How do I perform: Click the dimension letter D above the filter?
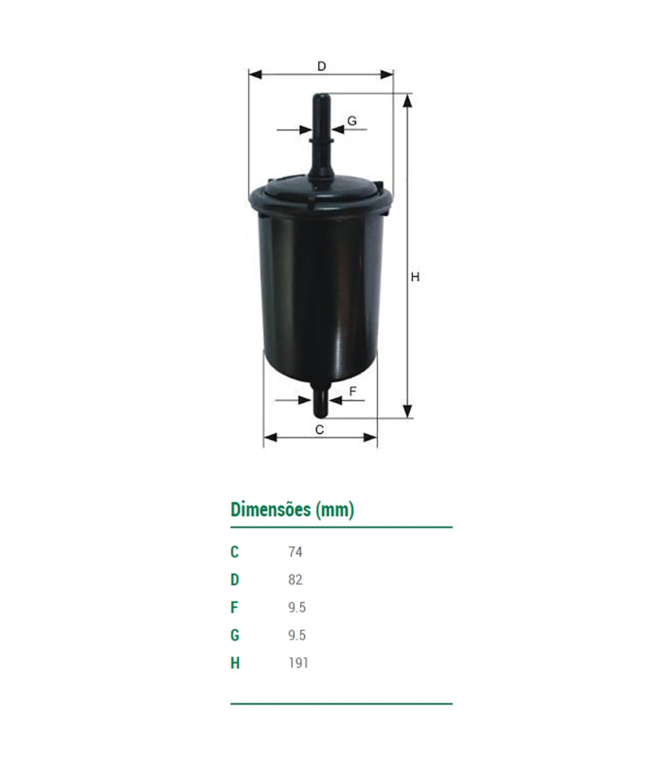point(321,66)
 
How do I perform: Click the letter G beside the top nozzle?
point(352,121)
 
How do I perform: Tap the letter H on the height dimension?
point(415,277)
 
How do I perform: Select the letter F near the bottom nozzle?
point(352,391)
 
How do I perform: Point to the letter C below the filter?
point(319,429)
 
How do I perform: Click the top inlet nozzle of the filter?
point(321,133)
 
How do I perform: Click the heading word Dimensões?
point(269,510)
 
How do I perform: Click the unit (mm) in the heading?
point(335,510)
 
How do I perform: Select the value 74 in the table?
point(295,552)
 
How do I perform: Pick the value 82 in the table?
point(295,580)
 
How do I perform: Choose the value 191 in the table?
point(298,663)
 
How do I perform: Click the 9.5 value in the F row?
point(296,608)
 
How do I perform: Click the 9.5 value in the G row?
point(296,635)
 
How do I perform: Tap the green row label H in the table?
point(235,663)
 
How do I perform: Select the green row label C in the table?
point(235,552)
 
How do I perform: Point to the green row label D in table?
point(235,580)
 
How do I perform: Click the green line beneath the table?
point(341,704)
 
